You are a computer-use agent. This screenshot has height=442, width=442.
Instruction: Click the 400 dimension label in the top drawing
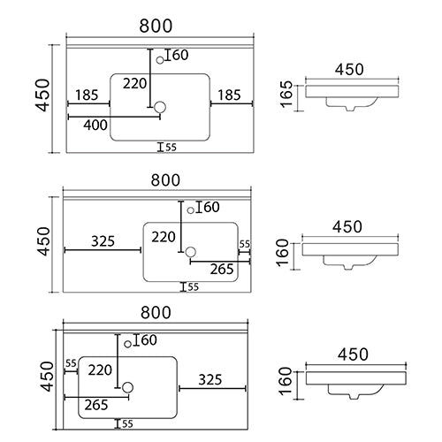tap(95, 126)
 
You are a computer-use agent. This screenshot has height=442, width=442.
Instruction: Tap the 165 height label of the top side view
tap(286, 94)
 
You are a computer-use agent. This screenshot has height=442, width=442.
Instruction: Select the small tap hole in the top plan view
tap(160, 60)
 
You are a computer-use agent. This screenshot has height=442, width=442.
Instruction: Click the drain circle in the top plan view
tap(160, 107)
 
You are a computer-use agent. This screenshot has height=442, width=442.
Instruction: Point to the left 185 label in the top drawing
tap(87, 95)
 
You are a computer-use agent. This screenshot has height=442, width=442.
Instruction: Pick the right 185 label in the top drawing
tap(229, 95)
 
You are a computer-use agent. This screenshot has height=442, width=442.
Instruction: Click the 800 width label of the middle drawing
tap(165, 180)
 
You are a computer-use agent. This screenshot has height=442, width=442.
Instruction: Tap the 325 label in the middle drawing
tap(103, 241)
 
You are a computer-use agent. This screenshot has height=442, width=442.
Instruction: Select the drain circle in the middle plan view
tap(190, 252)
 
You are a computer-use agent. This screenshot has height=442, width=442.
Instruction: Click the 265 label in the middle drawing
tap(222, 269)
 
